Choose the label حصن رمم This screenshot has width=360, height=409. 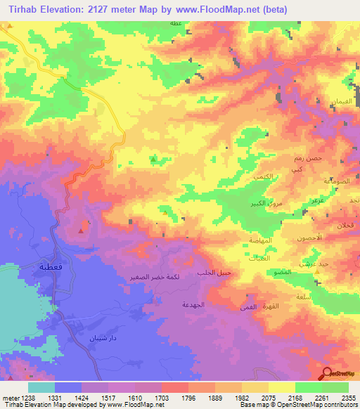(x=307, y=159)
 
